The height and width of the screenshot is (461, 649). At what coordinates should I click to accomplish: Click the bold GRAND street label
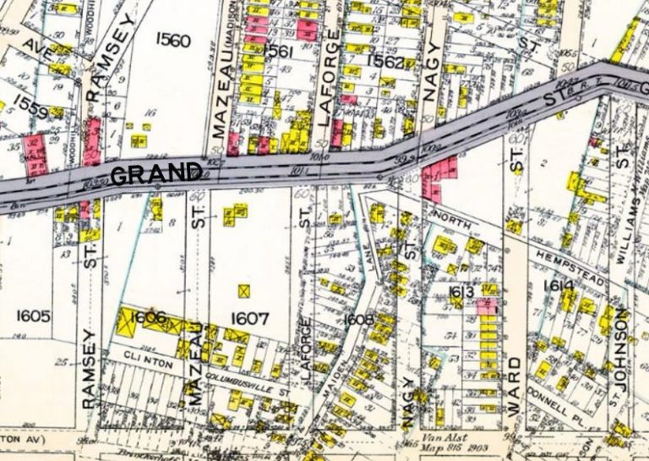[x=156, y=174]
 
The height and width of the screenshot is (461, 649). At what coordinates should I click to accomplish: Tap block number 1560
[x=173, y=39]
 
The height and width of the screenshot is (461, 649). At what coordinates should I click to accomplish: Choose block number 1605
[x=33, y=316]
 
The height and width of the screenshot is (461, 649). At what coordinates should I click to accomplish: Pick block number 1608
[x=360, y=320]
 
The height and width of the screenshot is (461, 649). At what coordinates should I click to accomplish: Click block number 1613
[x=461, y=293]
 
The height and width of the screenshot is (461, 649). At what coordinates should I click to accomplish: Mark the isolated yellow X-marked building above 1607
[x=244, y=291]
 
